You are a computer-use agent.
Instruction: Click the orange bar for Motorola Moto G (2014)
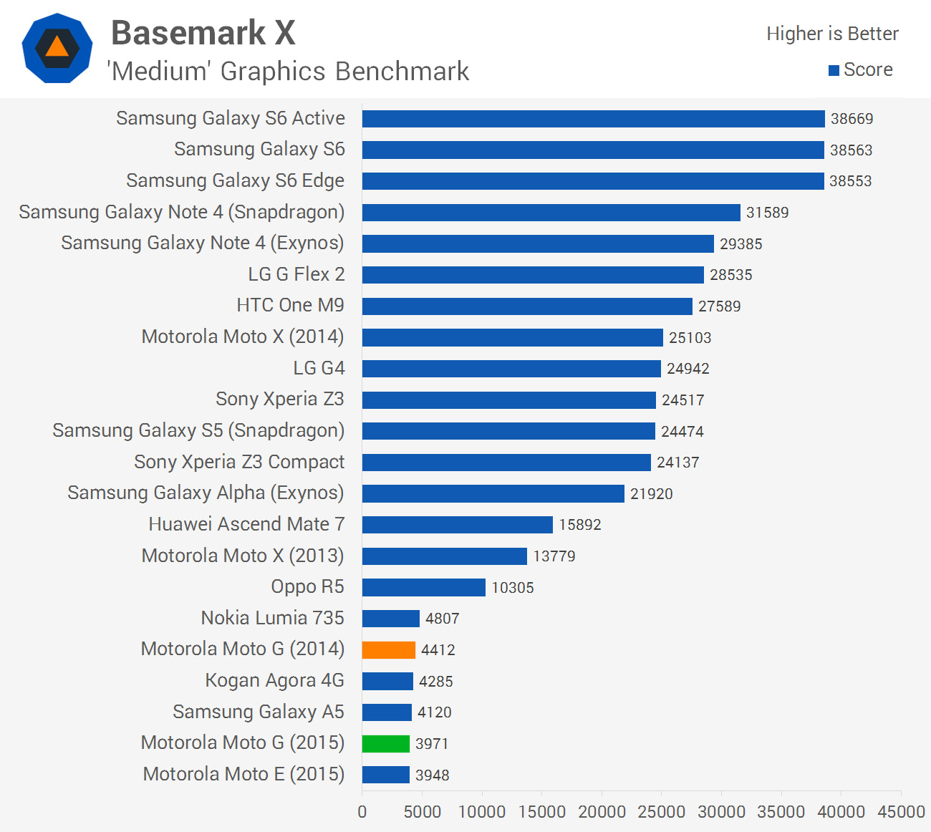(x=388, y=650)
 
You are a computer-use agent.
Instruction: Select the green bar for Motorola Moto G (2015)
(x=385, y=744)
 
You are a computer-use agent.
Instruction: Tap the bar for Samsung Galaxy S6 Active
(x=593, y=119)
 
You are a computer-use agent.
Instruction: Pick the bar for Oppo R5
(x=423, y=588)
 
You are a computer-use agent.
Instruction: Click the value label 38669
(x=852, y=119)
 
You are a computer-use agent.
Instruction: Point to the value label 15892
(x=580, y=525)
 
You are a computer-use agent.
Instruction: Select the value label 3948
(x=433, y=775)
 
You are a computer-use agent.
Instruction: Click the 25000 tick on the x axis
(x=661, y=812)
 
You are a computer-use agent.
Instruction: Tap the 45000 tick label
(x=901, y=812)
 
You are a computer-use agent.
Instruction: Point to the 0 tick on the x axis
(x=362, y=812)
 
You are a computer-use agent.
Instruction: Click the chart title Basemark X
(x=203, y=33)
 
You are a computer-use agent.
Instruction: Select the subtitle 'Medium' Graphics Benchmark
(x=288, y=72)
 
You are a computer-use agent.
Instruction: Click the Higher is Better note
(x=832, y=34)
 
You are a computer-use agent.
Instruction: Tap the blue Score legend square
(x=834, y=70)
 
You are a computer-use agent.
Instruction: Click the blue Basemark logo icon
(x=57, y=48)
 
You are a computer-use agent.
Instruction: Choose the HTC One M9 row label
(x=290, y=306)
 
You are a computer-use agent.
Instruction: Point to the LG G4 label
(x=319, y=368)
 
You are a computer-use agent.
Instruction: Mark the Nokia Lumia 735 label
(x=272, y=618)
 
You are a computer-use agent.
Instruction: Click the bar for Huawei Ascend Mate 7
(x=457, y=525)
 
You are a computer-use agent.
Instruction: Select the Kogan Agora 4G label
(x=274, y=680)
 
